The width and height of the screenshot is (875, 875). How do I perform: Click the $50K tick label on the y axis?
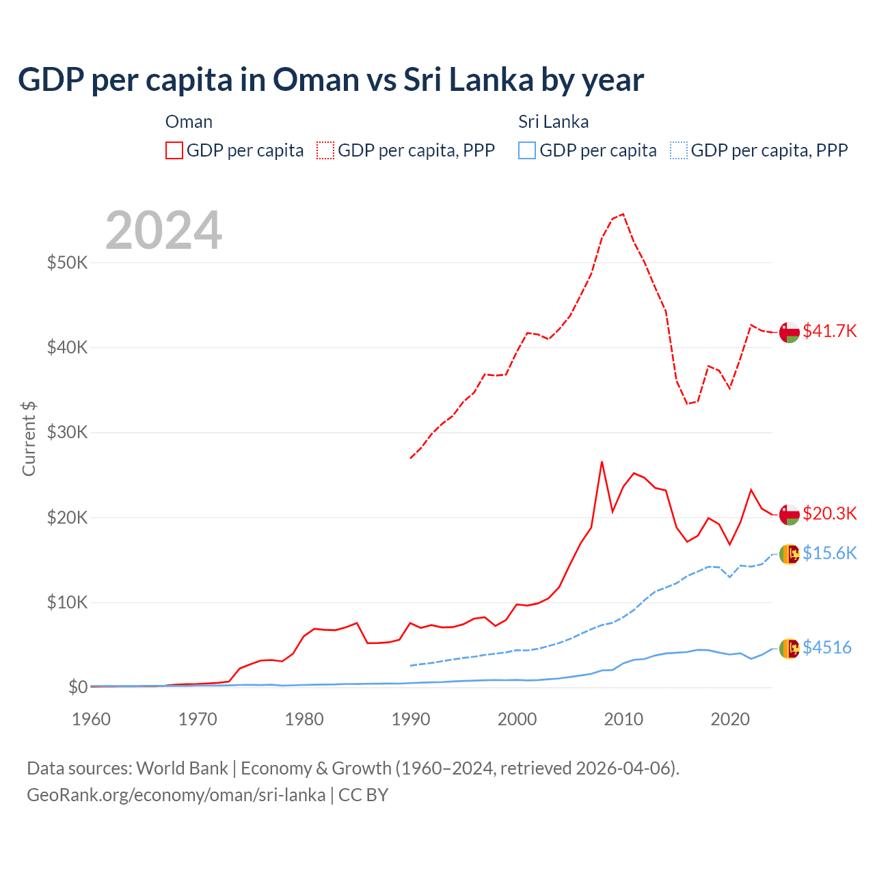[67, 262]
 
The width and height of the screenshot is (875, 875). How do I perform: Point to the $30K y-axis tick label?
[67, 432]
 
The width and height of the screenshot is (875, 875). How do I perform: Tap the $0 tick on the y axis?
[78, 687]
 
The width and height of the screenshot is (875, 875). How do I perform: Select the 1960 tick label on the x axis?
[91, 719]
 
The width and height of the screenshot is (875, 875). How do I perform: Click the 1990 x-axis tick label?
[411, 719]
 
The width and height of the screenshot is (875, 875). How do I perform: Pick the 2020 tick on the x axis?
[730, 719]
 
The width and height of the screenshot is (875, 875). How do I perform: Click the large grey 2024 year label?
[164, 230]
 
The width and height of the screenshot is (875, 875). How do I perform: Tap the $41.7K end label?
[829, 331]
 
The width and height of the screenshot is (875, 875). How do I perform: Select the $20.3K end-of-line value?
[829, 513]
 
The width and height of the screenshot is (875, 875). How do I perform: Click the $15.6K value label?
[829, 553]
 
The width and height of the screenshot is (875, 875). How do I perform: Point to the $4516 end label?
[826, 647]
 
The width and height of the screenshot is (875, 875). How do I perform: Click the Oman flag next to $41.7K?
[790, 332]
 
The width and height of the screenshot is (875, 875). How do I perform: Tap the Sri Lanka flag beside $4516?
[790, 648]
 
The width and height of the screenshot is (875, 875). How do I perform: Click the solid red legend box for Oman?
[174, 150]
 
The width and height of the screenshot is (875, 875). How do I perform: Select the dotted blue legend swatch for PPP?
[679, 150]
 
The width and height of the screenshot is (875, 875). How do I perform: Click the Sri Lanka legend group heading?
[553, 122]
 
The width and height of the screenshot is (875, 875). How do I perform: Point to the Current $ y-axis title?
[29, 439]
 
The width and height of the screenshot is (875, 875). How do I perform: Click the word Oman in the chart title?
[316, 79]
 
